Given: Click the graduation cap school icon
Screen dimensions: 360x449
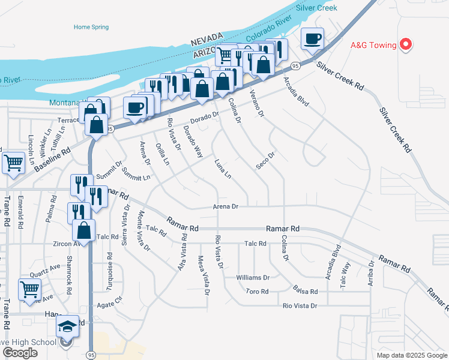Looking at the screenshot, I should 67,326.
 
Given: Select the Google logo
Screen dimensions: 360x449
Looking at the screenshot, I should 20,353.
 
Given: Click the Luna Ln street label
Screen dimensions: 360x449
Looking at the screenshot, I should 223,170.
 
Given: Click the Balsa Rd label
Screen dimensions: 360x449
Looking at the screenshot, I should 305,292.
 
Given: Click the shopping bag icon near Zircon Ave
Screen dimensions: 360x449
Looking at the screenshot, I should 84,230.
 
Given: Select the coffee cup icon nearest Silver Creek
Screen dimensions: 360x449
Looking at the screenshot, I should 312,40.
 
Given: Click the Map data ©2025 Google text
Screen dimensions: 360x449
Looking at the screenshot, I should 411,355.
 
